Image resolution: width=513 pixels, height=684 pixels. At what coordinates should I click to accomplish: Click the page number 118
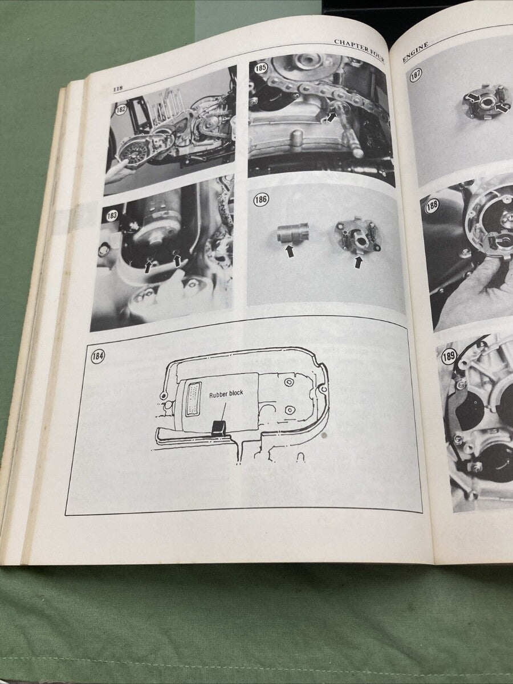click(x=118, y=89)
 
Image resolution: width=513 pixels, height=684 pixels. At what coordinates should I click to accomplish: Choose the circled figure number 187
click(x=414, y=75)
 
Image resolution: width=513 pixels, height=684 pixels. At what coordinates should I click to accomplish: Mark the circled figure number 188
click(x=432, y=206)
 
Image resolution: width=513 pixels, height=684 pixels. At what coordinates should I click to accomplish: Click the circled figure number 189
click(x=449, y=358)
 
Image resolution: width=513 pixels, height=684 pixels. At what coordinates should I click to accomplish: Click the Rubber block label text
click(x=226, y=393)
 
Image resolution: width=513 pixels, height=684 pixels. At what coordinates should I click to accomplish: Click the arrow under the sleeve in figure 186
click(x=290, y=251)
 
